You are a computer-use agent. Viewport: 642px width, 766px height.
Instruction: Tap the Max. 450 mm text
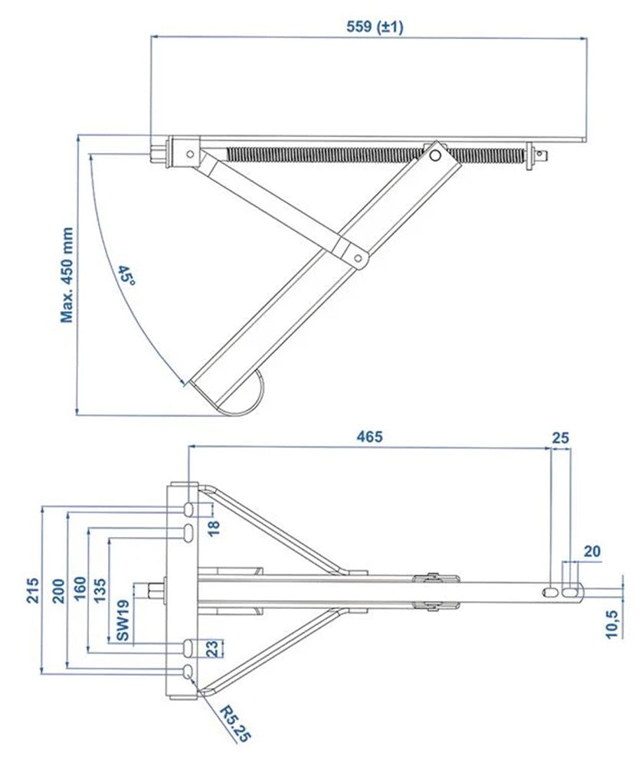pos(67,274)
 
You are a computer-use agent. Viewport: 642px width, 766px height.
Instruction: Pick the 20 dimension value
pos(591,551)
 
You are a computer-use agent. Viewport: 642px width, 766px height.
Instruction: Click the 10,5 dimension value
pos(613,624)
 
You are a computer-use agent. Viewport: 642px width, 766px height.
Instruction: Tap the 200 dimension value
pos(57,590)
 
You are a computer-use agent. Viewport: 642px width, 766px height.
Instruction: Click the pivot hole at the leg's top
pos(435,156)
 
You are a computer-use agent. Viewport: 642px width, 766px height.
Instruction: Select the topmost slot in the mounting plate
pos(188,509)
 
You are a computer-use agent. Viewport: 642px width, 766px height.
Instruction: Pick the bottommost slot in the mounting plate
pos(188,672)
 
